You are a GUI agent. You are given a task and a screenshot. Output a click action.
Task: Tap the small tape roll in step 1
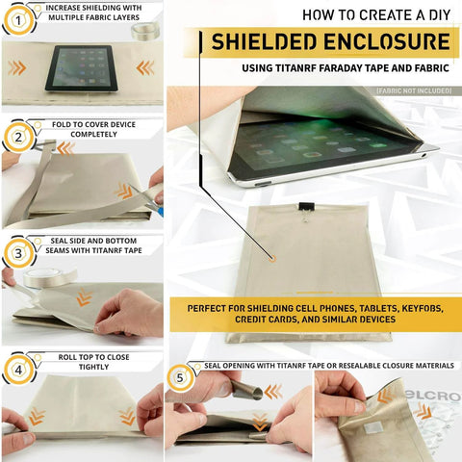coord(144,32)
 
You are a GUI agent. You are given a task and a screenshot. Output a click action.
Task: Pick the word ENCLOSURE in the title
coord(391,41)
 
